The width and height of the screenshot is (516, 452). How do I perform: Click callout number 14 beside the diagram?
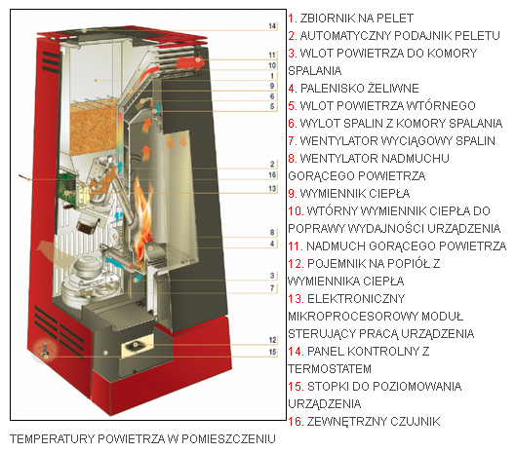click(x=272, y=25)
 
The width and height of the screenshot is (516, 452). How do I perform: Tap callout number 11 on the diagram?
click(x=272, y=55)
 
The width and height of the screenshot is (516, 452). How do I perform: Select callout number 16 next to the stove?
click(x=272, y=174)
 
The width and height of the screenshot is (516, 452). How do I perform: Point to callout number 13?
click(x=272, y=188)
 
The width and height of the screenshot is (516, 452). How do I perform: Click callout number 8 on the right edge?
click(x=272, y=233)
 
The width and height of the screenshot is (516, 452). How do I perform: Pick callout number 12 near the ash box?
click(x=272, y=340)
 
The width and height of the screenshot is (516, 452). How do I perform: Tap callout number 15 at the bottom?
click(x=272, y=352)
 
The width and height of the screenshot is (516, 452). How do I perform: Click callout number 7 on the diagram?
click(x=272, y=288)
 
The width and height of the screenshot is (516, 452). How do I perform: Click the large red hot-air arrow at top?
click(x=190, y=62)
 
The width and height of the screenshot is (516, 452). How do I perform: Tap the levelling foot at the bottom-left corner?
click(x=46, y=351)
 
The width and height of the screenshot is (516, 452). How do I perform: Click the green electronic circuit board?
click(x=67, y=185)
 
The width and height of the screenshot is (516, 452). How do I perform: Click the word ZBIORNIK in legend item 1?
click(x=327, y=19)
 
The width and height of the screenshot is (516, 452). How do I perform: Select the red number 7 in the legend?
click(x=293, y=141)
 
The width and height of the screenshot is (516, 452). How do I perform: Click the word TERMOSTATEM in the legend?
click(x=330, y=369)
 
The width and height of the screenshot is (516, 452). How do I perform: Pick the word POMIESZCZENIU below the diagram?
click(x=228, y=439)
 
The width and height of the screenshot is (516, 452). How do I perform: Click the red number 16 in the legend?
click(x=296, y=422)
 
